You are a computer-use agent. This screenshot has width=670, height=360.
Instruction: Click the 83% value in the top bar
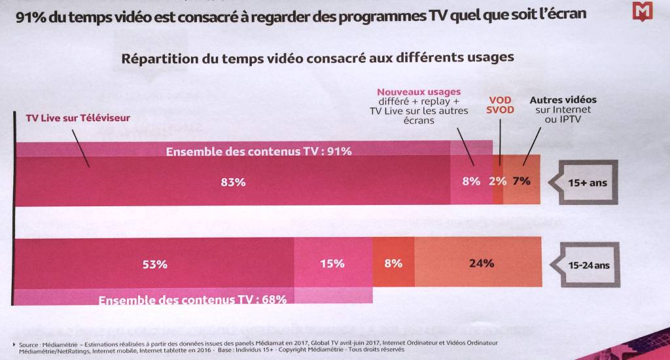point(233,183)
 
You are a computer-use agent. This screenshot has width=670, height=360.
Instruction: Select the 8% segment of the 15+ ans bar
point(471,181)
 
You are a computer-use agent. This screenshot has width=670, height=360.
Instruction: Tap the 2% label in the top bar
point(498,181)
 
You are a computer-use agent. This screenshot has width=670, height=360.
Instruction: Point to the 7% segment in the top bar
point(521,181)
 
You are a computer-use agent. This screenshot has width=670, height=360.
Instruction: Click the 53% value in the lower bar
point(155,264)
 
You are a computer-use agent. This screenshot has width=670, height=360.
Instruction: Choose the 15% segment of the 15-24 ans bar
point(332,264)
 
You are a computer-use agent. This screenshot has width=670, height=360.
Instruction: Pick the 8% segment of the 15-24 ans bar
point(393,264)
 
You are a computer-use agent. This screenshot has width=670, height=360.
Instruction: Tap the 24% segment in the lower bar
point(482,264)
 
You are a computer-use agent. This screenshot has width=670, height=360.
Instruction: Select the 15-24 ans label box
point(588,265)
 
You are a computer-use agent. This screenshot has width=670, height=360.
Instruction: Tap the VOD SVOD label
point(500,105)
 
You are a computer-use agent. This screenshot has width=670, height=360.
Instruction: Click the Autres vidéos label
point(563,100)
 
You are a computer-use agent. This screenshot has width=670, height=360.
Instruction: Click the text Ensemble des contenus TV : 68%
point(192,300)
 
